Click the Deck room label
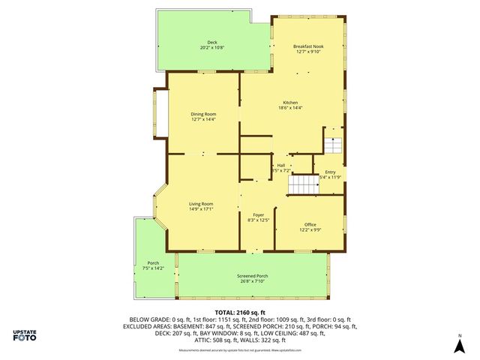[212, 43]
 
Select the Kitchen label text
[290, 103]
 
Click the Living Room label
[201, 204]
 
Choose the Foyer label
[258, 215]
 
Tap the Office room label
[310, 224]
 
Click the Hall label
[280, 165]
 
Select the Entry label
[330, 172]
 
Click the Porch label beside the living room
[153, 262]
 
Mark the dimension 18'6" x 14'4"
[290, 108]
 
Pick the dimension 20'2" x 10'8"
[212, 48]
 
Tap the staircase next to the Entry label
[304, 184]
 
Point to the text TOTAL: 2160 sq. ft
[241, 312]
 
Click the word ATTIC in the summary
[202, 340]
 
